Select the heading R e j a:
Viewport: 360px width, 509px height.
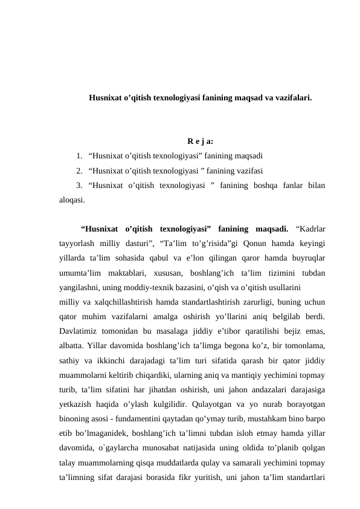tap(191, 142)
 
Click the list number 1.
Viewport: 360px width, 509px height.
tap(80, 156)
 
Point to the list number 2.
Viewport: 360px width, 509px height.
tap(80, 170)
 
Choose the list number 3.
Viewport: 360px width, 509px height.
tap(80, 185)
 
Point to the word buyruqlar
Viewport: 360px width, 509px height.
tap(306, 258)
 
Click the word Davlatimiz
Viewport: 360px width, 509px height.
tap(80, 331)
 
